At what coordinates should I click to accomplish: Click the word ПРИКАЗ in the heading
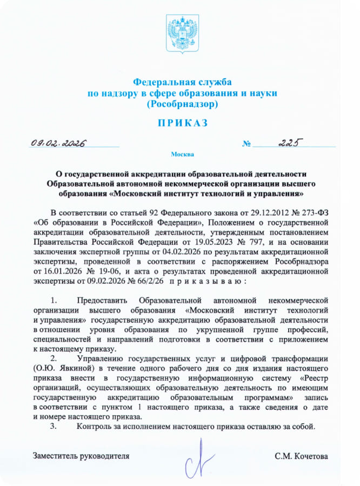click(x=182, y=123)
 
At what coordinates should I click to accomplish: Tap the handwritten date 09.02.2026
click(x=60, y=143)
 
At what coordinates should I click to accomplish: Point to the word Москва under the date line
click(x=182, y=154)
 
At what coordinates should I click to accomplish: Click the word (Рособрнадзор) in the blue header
click(x=182, y=103)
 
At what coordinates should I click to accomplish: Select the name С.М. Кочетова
click(x=301, y=456)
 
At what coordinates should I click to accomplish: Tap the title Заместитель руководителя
click(x=81, y=456)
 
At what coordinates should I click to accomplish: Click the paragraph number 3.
click(x=53, y=427)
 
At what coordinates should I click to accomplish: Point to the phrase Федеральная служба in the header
click(x=182, y=83)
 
